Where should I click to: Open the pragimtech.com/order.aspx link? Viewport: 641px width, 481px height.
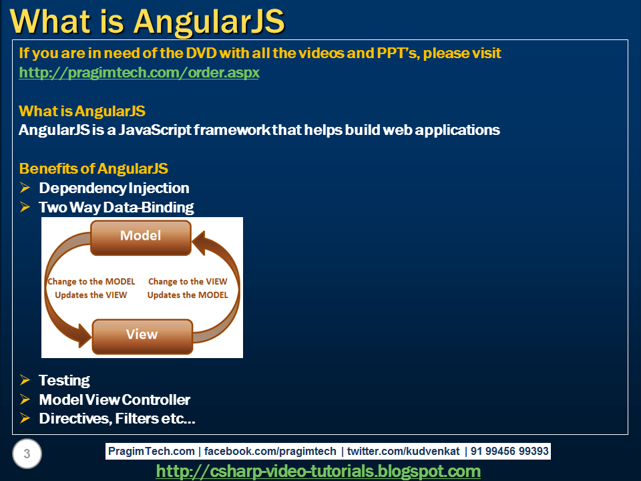tap(139, 72)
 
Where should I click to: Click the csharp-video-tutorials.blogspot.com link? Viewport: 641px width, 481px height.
tap(318, 471)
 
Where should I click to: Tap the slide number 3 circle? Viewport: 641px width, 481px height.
tap(27, 454)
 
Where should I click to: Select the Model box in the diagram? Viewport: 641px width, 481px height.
tap(140, 236)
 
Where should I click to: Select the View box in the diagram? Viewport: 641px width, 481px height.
tap(142, 335)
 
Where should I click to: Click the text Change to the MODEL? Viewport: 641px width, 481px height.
tap(91, 281)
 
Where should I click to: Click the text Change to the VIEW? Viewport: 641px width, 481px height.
tap(187, 281)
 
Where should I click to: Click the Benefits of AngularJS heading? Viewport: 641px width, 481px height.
tap(93, 168)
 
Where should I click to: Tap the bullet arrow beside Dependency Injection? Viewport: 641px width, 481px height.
tap(25, 188)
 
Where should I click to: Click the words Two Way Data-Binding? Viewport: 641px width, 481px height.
tap(116, 207)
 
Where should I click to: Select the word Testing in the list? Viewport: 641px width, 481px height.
tap(64, 380)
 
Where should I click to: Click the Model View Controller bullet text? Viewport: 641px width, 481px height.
tap(114, 399)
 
